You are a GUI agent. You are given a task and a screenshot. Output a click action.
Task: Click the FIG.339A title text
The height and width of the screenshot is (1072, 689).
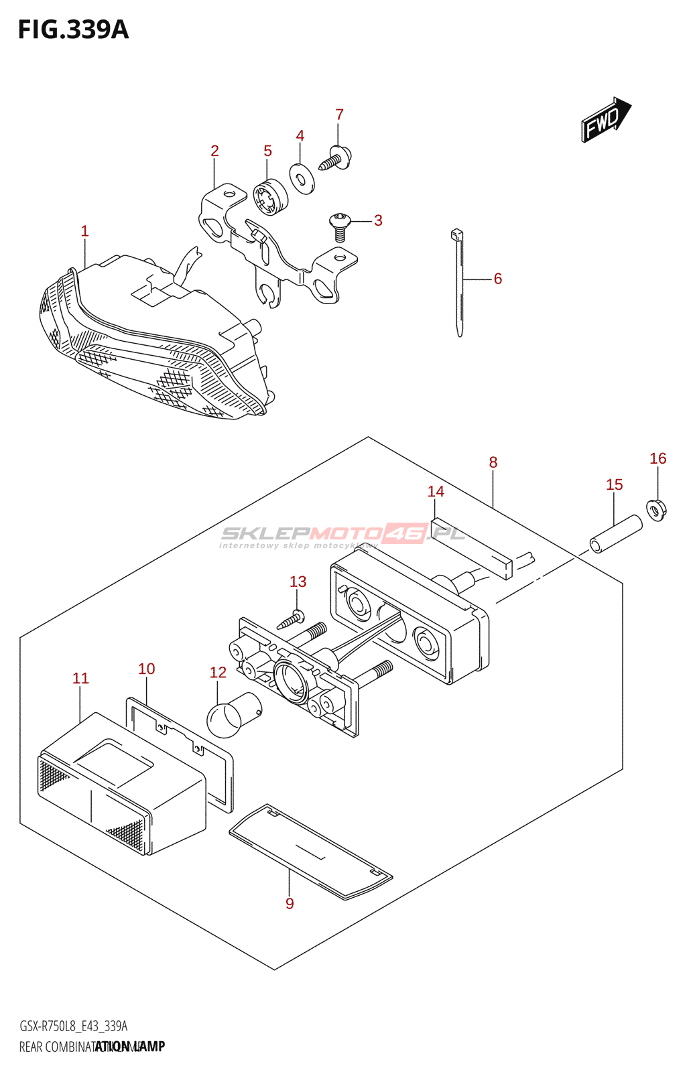click(x=73, y=30)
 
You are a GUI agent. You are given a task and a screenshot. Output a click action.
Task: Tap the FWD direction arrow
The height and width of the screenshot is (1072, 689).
click(x=605, y=120)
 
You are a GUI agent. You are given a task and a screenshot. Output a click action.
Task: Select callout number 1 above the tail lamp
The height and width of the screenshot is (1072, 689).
click(x=84, y=231)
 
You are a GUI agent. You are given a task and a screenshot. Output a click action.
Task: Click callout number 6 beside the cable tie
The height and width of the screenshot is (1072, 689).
click(x=498, y=279)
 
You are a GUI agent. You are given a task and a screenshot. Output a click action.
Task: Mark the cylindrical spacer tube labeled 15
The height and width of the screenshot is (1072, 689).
click(x=616, y=533)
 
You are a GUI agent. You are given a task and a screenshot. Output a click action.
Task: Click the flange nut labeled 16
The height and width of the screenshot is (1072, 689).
click(x=656, y=510)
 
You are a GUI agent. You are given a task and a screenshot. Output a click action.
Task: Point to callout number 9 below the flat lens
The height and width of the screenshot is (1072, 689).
click(x=290, y=903)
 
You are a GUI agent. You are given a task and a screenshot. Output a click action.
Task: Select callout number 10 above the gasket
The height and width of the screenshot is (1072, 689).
click(x=146, y=669)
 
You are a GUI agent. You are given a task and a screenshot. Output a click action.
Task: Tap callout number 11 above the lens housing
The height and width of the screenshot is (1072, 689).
click(x=80, y=678)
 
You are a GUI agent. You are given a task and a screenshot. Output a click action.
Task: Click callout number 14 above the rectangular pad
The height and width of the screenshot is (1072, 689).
click(x=436, y=492)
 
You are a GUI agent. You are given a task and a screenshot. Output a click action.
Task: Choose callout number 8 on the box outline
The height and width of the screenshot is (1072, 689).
click(x=493, y=462)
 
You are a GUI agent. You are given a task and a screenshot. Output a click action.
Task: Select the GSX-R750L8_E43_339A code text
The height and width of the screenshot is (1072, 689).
click(x=73, y=1026)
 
